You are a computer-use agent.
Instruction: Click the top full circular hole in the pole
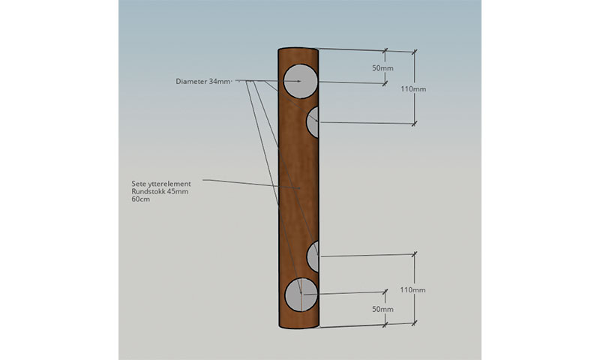[x=300, y=81]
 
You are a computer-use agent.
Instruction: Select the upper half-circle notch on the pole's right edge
[x=313, y=122]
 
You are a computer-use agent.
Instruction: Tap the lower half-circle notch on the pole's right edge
[x=313, y=256]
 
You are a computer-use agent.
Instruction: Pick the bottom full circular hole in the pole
[x=300, y=294]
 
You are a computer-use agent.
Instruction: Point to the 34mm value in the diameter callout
[x=220, y=81]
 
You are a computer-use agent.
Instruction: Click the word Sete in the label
[x=139, y=183]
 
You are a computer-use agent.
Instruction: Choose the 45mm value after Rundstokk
[x=180, y=191]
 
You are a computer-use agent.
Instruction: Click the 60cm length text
[x=140, y=199]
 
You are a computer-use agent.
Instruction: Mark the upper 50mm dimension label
[x=382, y=68]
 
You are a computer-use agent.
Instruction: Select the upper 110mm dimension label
[x=413, y=88]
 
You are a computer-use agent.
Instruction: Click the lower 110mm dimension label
[x=413, y=289]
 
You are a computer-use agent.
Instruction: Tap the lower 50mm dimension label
[x=382, y=309]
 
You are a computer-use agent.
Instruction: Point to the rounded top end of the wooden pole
[x=298, y=49]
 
